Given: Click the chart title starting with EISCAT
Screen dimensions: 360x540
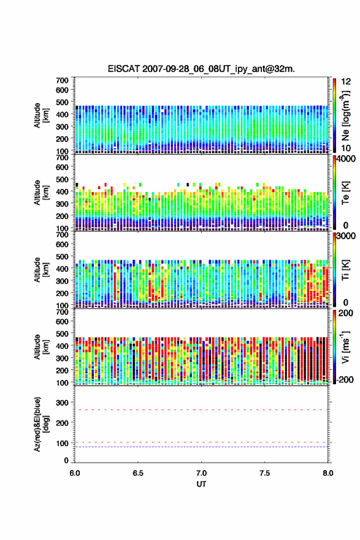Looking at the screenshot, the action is [x=201, y=69].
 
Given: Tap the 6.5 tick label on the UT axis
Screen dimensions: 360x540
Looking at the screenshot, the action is [x=138, y=473].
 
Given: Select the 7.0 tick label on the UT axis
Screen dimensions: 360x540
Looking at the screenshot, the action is [x=201, y=473].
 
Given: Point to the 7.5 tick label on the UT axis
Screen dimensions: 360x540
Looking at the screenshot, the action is [x=265, y=473].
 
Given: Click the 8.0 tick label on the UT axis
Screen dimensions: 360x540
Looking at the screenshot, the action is [x=328, y=473].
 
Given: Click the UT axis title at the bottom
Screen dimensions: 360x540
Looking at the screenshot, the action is [x=201, y=484].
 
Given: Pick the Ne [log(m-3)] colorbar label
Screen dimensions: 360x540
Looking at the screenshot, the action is [x=345, y=115].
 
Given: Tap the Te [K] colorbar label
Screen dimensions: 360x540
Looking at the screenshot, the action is [x=345, y=193].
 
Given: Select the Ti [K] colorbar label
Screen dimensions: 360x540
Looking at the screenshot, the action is [x=345, y=270].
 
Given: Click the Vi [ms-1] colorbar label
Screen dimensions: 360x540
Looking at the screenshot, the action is [x=345, y=347].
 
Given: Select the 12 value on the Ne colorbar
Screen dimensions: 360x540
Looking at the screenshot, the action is [x=346, y=81].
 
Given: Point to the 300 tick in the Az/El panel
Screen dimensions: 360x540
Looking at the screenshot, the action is [x=63, y=403].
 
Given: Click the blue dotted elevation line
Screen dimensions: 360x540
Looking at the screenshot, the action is [x=201, y=447].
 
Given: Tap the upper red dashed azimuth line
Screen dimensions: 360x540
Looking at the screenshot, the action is [x=201, y=410].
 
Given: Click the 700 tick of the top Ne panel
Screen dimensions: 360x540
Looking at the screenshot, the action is [x=63, y=80].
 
